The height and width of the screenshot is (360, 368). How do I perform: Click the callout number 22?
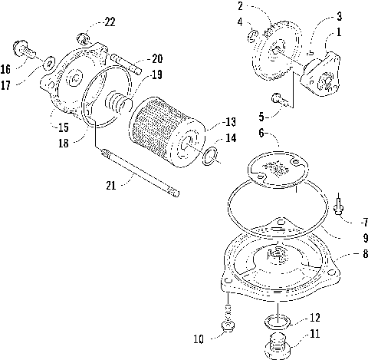(110, 21)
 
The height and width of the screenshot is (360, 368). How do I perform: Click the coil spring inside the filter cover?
(117, 101)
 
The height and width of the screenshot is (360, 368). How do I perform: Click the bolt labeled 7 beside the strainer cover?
(339, 203)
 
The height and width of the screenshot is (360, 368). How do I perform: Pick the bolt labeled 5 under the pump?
(278, 97)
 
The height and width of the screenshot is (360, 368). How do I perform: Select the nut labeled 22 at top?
(86, 36)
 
